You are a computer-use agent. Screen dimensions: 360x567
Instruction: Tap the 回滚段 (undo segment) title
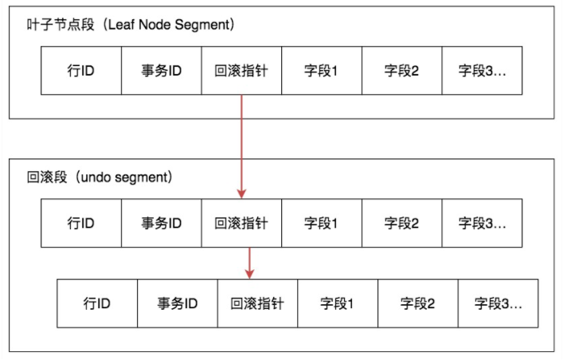click(100, 175)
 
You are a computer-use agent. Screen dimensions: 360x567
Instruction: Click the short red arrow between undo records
click(249, 262)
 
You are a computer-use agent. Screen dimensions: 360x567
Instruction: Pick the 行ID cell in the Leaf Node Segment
click(81, 71)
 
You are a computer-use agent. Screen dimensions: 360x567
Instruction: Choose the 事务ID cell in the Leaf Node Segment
click(162, 71)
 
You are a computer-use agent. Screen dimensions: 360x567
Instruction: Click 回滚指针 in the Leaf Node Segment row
click(241, 71)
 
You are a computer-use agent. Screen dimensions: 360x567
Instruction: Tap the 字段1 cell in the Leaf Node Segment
click(322, 71)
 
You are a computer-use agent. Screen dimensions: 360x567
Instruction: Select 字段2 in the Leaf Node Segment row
click(401, 71)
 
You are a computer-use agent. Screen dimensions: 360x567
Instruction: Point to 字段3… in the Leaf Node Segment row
click(482, 71)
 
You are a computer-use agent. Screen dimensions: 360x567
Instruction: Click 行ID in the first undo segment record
click(81, 223)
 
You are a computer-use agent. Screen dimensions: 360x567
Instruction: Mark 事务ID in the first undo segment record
click(162, 223)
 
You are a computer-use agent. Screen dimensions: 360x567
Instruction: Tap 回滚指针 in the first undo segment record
click(241, 223)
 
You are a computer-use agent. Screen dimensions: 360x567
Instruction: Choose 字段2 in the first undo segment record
click(401, 223)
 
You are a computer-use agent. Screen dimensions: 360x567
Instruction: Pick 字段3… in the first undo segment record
click(482, 223)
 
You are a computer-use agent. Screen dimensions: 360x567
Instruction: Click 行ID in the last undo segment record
click(97, 303)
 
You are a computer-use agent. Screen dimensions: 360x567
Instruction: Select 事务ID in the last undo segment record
click(178, 303)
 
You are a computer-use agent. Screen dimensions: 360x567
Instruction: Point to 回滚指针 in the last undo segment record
click(257, 303)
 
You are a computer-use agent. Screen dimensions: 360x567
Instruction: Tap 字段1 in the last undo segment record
click(338, 303)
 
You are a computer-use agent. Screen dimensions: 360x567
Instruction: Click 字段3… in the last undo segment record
click(498, 303)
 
